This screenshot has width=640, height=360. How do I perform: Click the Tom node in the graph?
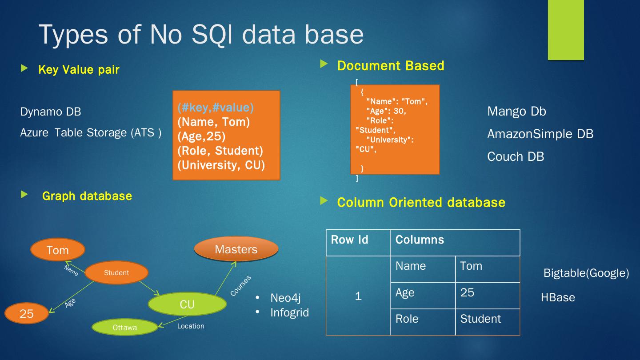pos(58,250)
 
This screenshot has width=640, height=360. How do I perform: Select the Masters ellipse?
pos(236,249)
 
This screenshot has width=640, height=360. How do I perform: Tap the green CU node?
pos(187,304)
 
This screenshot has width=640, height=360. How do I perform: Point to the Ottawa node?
pos(124,328)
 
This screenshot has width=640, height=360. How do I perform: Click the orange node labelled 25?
pos(27,313)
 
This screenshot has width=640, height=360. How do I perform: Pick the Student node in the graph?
pos(116,273)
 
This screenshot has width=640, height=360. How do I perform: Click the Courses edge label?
pos(240,286)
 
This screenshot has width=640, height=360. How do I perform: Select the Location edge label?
pos(191,326)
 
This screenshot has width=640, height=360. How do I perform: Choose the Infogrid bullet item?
pos(289,312)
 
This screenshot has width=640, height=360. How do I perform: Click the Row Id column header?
pos(350,240)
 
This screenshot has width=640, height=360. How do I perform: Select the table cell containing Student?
pos(480,319)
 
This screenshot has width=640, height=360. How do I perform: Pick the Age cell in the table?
pos(405,292)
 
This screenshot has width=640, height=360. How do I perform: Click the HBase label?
pos(558,297)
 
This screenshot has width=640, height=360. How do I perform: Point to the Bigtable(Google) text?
pos(586,273)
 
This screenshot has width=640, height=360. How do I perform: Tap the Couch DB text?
pos(516,156)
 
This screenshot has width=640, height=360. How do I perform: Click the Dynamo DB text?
pos(51,112)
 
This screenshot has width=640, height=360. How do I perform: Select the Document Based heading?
pos(391,66)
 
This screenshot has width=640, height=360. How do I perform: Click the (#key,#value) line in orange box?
pos(216,108)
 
